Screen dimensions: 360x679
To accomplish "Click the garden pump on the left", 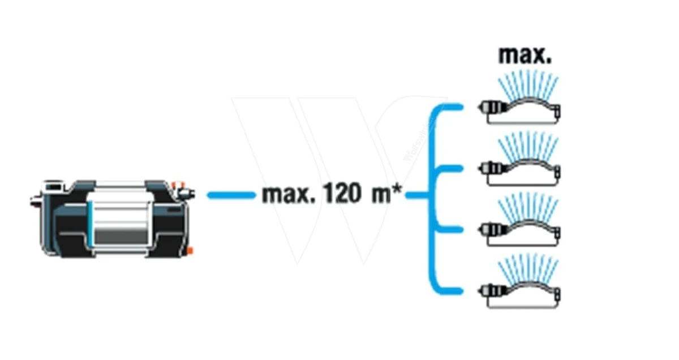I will (x=113, y=218).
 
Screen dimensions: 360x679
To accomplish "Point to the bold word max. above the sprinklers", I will (x=525, y=55).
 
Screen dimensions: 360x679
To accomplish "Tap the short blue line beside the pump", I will (x=231, y=195).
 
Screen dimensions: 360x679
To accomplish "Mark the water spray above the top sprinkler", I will (x=528, y=85).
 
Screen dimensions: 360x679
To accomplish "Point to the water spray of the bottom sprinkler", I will (x=528, y=268).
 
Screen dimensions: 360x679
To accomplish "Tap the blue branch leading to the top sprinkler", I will (x=450, y=107).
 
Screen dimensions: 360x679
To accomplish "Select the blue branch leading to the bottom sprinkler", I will (x=450, y=291).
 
